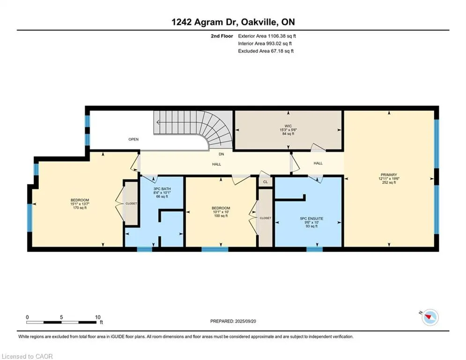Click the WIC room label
[x=288, y=126]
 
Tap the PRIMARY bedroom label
[x=389, y=175]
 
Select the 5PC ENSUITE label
[x=311, y=219]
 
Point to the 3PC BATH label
[x=162, y=189]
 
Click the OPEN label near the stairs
[x=133, y=139]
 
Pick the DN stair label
[x=221, y=154]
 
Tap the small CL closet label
[x=266, y=182]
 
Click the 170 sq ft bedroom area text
[x=80, y=208]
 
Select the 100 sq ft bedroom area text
[x=221, y=216]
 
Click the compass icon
[x=430, y=317]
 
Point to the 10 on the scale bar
[x=97, y=317]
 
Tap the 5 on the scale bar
[x=61, y=317]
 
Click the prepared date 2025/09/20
[x=245, y=321]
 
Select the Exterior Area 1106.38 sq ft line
[x=267, y=36]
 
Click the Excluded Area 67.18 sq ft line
[x=266, y=51]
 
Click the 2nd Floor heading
[x=222, y=36]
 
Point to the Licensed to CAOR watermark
[x=27, y=356]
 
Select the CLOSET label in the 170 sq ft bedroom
[x=131, y=203]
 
